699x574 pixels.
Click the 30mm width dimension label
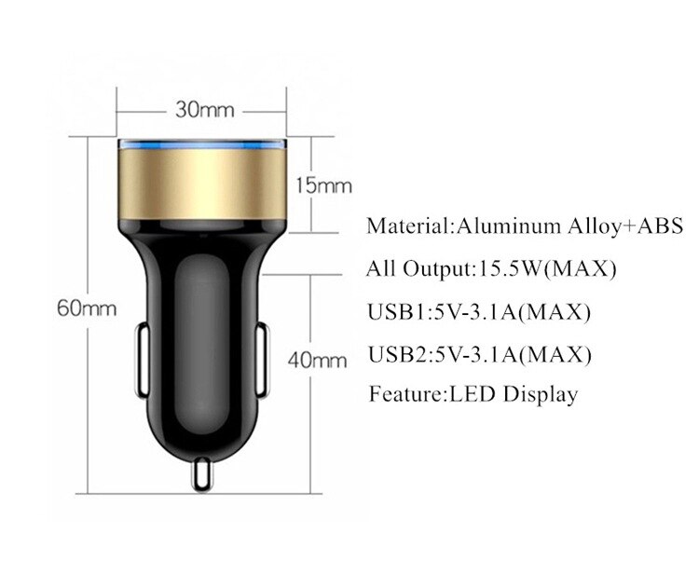tap(203, 111)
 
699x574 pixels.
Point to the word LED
tap(476, 394)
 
